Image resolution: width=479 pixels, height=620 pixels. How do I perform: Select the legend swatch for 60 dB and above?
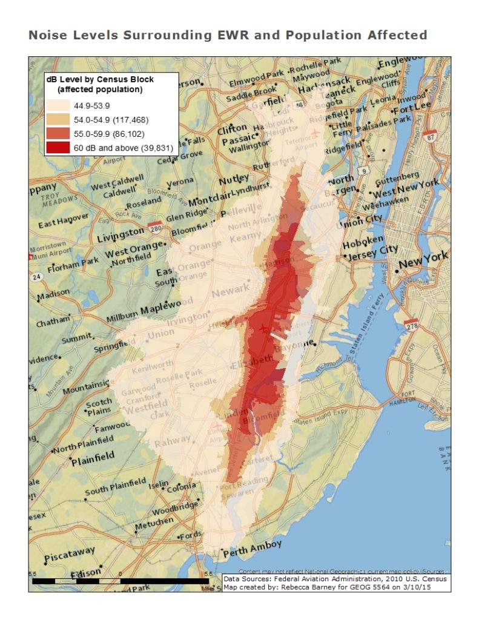coord(63,147)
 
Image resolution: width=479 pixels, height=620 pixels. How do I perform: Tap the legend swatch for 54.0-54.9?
coord(63,119)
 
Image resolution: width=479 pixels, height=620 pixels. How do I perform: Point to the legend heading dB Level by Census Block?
coord(101,79)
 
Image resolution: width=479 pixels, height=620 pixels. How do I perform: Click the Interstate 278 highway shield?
coord(412,326)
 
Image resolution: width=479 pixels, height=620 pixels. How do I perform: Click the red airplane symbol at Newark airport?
coord(262,328)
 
